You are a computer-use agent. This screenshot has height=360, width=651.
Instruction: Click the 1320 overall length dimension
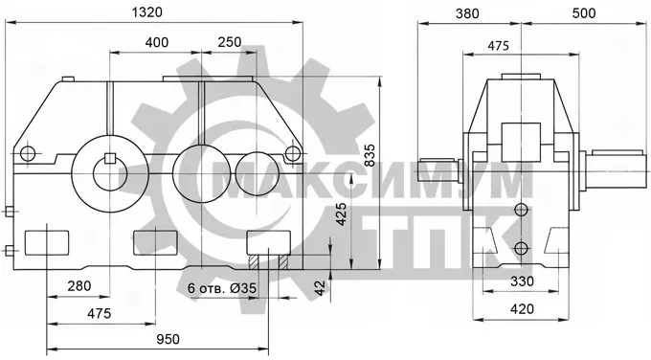[x=147, y=12]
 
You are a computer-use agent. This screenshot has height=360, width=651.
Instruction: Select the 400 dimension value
[x=157, y=42]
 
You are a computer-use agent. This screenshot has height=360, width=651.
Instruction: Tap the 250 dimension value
[x=229, y=42]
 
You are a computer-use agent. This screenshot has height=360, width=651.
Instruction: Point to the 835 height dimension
[x=370, y=155]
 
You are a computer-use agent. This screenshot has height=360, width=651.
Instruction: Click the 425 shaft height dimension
[x=341, y=214]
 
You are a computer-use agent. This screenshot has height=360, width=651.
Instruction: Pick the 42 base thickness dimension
[x=320, y=288]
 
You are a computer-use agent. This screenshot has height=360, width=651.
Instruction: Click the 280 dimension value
[x=79, y=286]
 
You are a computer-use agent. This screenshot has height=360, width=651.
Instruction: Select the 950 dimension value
[x=168, y=339]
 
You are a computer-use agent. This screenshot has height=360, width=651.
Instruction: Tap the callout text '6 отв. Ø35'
[x=222, y=288]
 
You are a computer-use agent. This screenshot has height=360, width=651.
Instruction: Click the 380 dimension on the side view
[x=467, y=13]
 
